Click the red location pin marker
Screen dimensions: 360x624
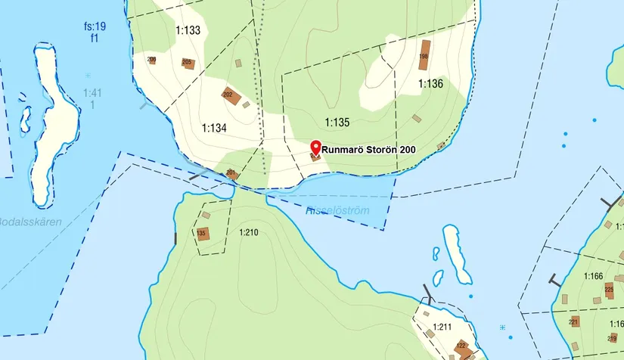pyautogui.click(x=315, y=147)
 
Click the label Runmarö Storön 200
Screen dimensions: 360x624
pyautogui.click(x=368, y=150)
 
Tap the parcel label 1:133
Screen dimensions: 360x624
pyautogui.click(x=188, y=31)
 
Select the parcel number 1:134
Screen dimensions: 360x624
pyautogui.click(x=215, y=128)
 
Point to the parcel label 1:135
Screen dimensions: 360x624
pyautogui.click(x=337, y=122)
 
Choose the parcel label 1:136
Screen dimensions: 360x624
pyautogui.click(x=430, y=84)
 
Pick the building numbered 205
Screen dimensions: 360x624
pyautogui.click(x=188, y=64)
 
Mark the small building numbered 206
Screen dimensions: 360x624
pyautogui.click(x=152, y=60)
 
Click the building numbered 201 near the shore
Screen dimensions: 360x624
pyautogui.click(x=231, y=174)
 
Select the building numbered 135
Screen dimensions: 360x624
pyautogui.click(x=201, y=233)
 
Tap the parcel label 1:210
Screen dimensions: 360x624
pyautogui.click(x=248, y=232)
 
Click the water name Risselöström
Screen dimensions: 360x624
pyautogui.click(x=337, y=211)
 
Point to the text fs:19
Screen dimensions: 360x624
pyautogui.click(x=95, y=26)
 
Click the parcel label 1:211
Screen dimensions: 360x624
pyautogui.click(x=442, y=327)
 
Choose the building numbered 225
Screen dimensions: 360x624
pyautogui.click(x=609, y=290)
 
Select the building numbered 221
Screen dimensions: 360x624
pyautogui.click(x=574, y=321)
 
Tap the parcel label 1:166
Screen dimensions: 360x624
pyautogui.click(x=593, y=277)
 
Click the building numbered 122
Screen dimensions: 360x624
pyautogui.click(x=461, y=348)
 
